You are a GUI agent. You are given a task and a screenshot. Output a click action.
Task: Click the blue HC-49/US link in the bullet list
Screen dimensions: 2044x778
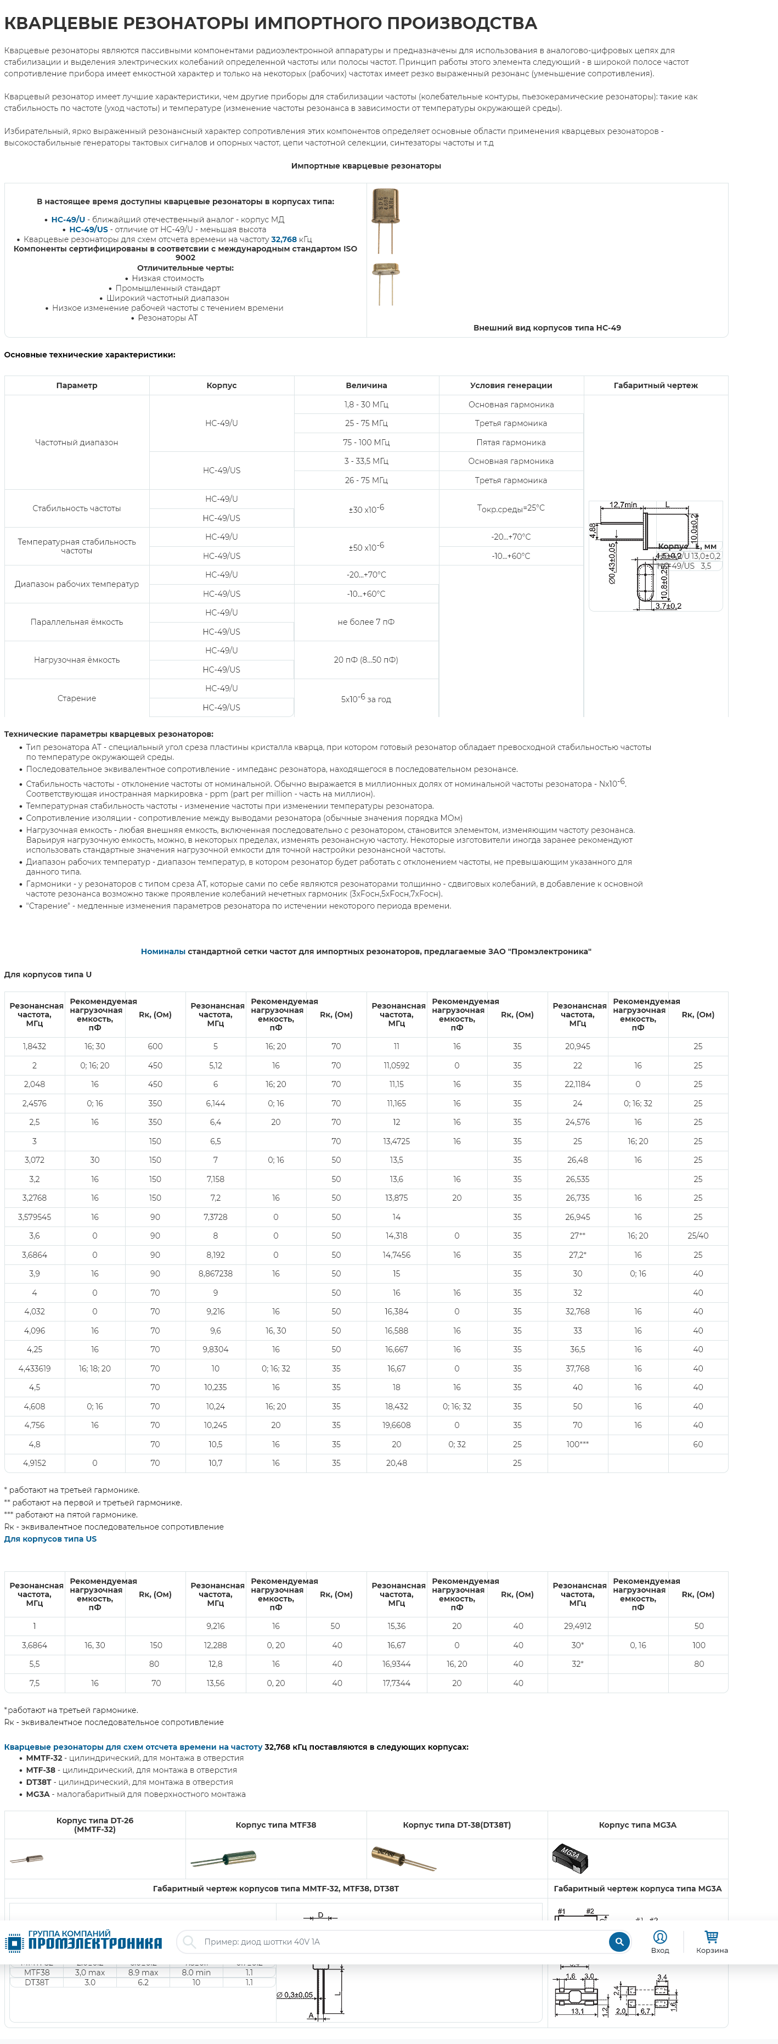88,229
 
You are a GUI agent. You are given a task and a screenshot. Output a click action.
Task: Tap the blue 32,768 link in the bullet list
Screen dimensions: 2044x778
284,239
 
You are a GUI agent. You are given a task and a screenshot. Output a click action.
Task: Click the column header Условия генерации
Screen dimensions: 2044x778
511,385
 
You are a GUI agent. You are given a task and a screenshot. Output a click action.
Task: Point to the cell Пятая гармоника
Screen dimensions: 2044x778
511,442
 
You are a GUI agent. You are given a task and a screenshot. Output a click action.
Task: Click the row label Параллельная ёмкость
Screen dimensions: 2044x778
77,622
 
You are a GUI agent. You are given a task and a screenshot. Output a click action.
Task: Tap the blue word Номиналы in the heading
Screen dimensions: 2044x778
162,951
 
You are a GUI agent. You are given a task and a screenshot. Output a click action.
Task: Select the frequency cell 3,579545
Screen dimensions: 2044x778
34,1217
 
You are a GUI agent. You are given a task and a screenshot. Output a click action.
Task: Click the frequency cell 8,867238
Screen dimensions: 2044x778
215,1274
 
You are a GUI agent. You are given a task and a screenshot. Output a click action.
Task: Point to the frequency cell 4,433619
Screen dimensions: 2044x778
34,1368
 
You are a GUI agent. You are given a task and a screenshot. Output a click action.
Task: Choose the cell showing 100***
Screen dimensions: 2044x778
577,1444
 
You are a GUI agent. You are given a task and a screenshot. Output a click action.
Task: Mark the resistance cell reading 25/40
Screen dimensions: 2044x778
698,1235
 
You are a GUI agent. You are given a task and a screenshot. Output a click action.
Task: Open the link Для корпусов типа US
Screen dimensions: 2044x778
50,1538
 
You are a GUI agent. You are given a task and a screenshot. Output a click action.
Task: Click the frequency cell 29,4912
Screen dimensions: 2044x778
577,1626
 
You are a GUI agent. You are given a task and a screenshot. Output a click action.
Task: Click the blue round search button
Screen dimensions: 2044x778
618,1942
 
